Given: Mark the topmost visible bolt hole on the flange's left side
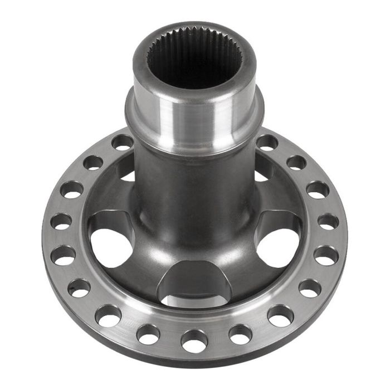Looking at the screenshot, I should pos(122,142).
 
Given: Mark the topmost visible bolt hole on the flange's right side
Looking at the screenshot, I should pos(268,143).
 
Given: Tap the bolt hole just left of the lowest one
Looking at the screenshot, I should pos(148,335).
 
